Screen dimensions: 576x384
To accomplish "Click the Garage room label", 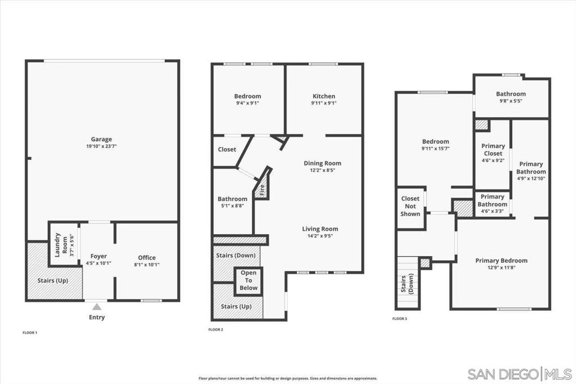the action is click(x=101, y=139).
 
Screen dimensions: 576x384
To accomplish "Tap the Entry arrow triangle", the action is click(x=97, y=307).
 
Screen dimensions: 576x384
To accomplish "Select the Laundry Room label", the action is click(x=61, y=244).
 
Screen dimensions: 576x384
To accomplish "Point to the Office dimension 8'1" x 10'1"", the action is click(x=147, y=265).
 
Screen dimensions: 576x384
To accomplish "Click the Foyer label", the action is click(x=98, y=256).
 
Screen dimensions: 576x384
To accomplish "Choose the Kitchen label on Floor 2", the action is click(x=323, y=96).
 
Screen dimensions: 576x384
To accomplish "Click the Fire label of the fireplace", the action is click(x=262, y=190).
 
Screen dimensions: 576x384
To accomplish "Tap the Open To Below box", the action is click(x=248, y=280).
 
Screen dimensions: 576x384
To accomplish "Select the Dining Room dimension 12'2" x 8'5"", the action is click(x=322, y=170).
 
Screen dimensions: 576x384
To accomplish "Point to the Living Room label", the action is click(x=320, y=229).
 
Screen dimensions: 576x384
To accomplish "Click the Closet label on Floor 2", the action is click(x=227, y=149).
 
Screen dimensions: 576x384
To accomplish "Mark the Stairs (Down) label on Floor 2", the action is click(x=236, y=255).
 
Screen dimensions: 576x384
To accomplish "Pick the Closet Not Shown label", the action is click(x=410, y=206).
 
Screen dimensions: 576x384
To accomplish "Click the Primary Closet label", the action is click(x=493, y=150).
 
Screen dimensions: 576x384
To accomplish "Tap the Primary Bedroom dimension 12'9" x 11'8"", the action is click(x=501, y=268).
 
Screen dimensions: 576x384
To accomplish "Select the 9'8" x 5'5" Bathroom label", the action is click(x=511, y=97).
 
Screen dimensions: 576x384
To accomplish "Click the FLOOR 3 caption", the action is click(x=399, y=319).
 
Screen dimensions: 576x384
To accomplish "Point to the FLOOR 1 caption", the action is click(x=30, y=333).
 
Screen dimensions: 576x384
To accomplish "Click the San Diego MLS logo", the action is click(x=519, y=374).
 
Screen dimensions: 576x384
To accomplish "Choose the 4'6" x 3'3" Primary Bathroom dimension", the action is click(x=492, y=212).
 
